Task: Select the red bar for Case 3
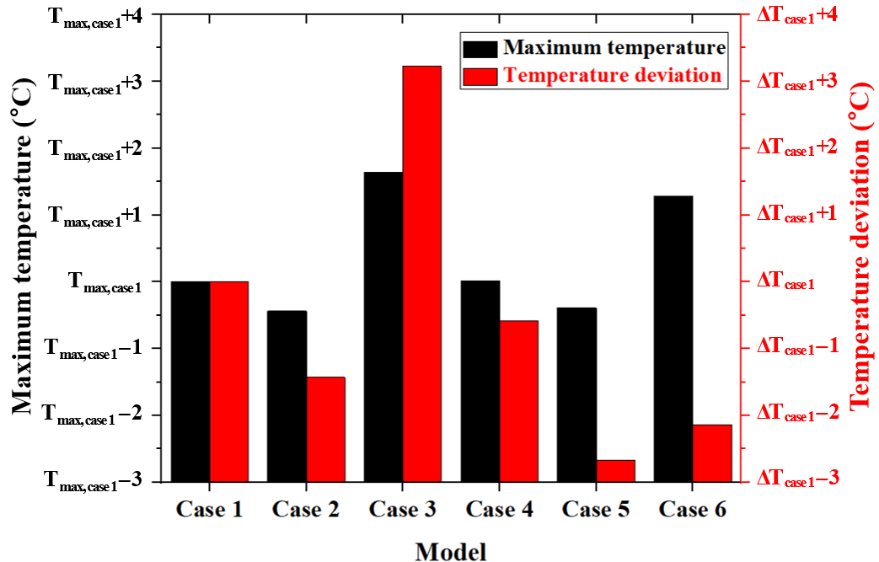tap(421, 274)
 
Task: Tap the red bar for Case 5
tap(615, 471)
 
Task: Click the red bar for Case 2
tap(325, 429)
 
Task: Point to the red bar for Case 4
tap(518, 401)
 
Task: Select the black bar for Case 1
tap(190, 381)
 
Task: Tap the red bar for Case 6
tap(712, 453)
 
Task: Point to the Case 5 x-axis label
tap(596, 509)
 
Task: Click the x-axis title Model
tap(451, 552)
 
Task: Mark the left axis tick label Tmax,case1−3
tap(93, 481)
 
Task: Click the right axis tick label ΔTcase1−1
tap(796, 347)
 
